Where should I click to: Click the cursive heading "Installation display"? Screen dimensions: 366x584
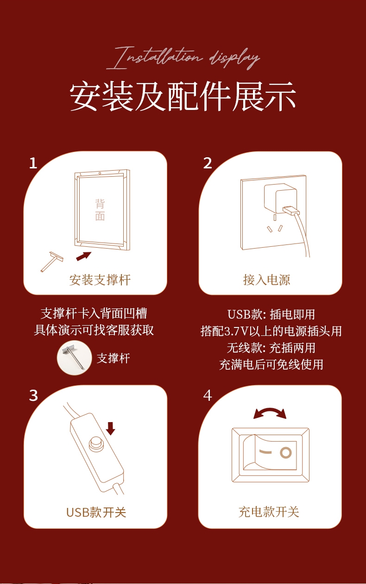click(x=183, y=58)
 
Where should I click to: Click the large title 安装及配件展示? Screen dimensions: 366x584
click(x=183, y=96)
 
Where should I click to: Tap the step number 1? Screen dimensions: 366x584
click(x=33, y=163)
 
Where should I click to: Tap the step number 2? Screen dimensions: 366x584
click(x=208, y=163)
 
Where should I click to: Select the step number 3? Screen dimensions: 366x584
click(x=33, y=396)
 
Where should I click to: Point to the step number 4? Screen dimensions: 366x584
click(x=208, y=396)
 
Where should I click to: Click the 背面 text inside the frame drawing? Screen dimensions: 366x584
click(x=100, y=210)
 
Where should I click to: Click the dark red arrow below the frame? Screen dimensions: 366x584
click(x=83, y=256)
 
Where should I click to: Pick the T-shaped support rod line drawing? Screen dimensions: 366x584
click(x=52, y=262)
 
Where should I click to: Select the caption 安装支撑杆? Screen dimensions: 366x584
click(x=100, y=280)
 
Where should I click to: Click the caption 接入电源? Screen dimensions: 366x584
click(x=266, y=280)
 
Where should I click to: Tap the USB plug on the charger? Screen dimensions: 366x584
click(x=291, y=210)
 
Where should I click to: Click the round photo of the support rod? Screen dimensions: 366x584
click(x=75, y=358)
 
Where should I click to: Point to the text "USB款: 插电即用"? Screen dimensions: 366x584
click(x=271, y=314)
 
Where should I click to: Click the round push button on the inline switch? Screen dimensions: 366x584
click(x=96, y=443)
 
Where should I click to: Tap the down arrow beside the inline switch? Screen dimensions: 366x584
click(x=111, y=429)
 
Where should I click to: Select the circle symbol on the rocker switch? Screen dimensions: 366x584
click(x=286, y=453)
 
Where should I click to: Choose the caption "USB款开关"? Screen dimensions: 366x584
click(x=96, y=512)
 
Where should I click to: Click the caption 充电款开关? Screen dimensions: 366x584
click(x=269, y=512)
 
